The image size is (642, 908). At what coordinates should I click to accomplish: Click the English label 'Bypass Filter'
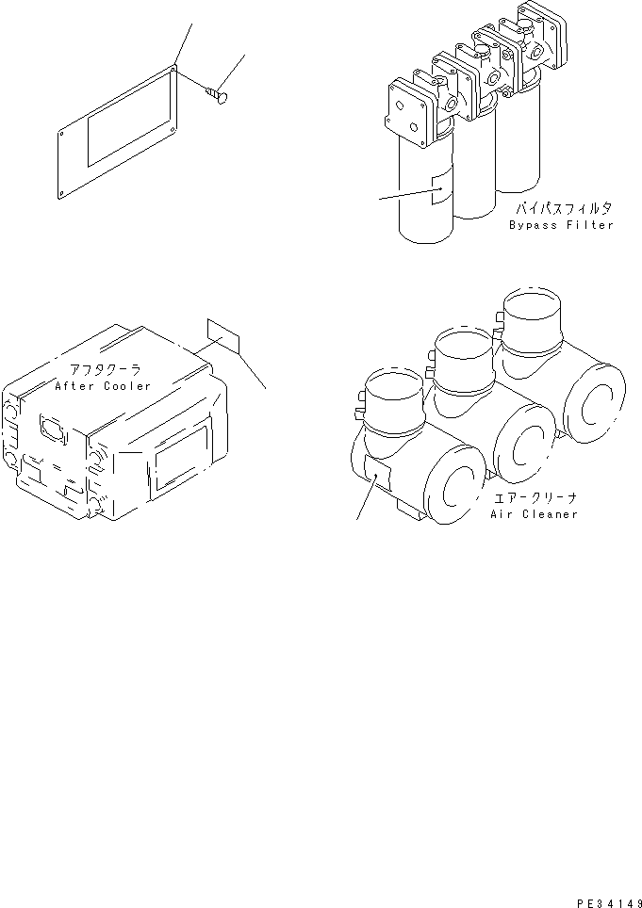pos(561,225)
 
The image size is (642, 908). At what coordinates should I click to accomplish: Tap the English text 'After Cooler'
pos(103,386)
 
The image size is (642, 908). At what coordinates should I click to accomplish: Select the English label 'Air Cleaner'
pos(534,514)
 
